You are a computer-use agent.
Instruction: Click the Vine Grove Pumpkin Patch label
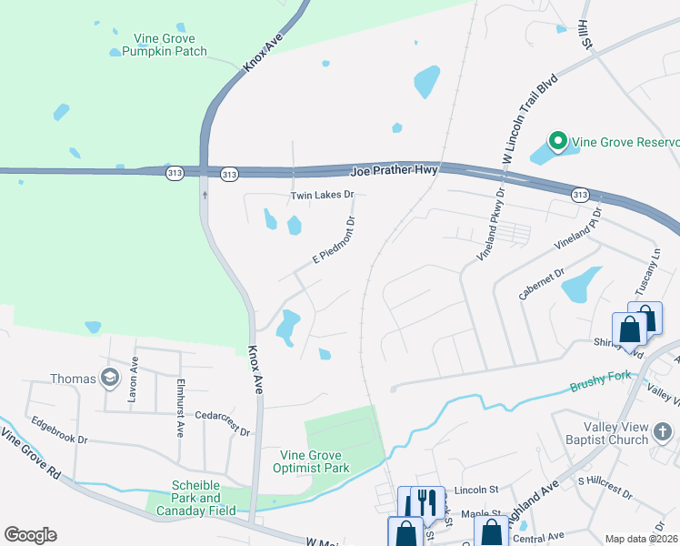170,45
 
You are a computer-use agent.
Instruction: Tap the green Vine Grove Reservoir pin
556,142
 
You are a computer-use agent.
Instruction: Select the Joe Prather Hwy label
394,169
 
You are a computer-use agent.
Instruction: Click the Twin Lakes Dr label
321,195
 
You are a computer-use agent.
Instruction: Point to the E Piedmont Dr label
334,239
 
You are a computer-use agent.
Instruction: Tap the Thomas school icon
110,379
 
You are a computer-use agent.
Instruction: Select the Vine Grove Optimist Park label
311,461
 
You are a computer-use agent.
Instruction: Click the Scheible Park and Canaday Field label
196,498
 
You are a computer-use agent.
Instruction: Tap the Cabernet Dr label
542,279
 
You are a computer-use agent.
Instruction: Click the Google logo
30,534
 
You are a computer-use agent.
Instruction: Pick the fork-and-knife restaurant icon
427,501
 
